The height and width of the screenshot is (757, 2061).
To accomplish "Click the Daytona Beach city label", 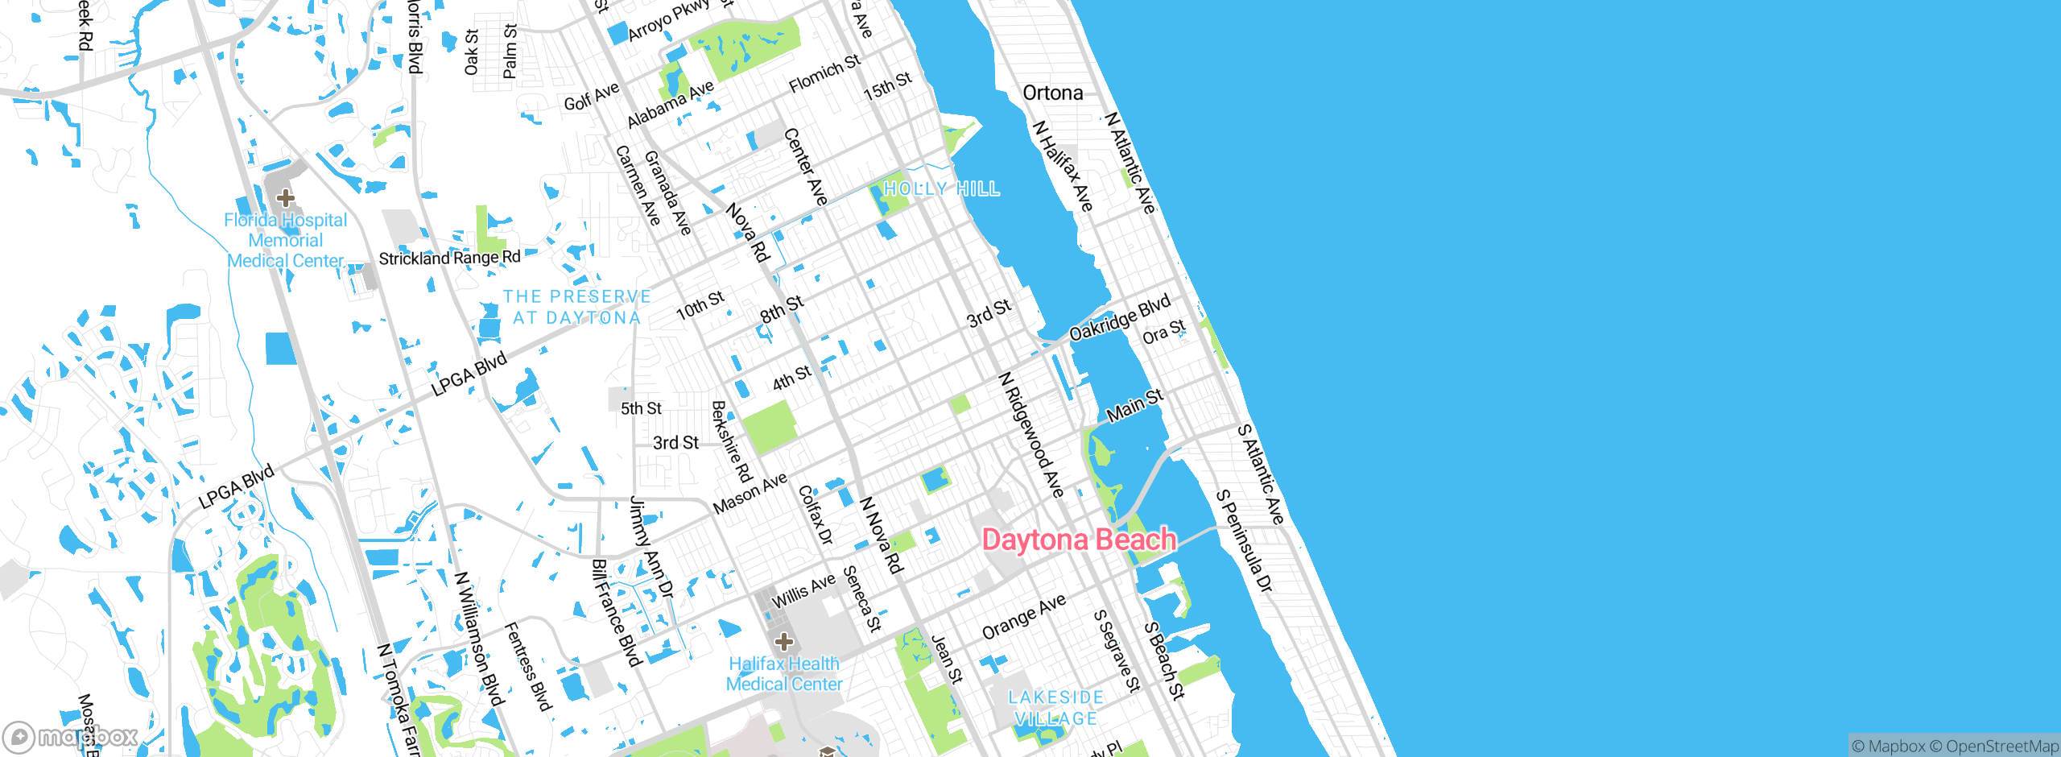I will tap(1079, 540).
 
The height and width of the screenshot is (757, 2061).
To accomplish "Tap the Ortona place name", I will tap(1052, 93).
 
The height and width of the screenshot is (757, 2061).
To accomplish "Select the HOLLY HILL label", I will tap(941, 189).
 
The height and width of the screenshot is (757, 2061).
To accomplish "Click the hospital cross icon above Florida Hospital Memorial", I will tap(286, 197).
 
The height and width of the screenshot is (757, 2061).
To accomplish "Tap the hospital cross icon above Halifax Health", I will tap(784, 642).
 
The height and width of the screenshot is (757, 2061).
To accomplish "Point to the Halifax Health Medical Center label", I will tap(784, 674).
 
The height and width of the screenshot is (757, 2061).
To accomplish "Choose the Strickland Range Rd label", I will tap(449, 258).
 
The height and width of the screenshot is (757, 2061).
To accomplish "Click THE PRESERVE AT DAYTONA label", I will tap(576, 308).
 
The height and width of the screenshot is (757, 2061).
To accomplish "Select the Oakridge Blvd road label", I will tap(1120, 318).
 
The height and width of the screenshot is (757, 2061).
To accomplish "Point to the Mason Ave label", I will tap(750, 494).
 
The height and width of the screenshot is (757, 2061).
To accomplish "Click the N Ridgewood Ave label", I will tap(1031, 435).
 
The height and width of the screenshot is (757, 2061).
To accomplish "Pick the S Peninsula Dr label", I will tap(1245, 541).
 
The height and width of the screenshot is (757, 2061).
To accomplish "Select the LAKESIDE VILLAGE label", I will tap(1055, 708).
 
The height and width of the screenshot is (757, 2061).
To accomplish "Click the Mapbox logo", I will tap(71, 736).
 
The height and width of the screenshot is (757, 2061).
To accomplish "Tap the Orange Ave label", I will tap(1024, 617).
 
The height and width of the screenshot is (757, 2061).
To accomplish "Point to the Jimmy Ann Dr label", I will tap(651, 547).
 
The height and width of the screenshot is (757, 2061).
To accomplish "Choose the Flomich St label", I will tap(824, 73).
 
